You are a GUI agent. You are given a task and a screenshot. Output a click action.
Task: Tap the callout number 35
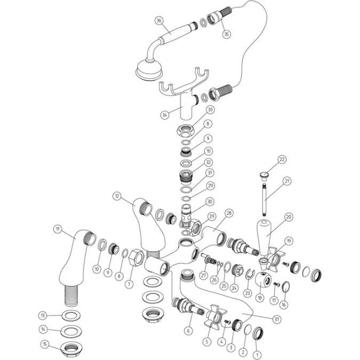click(226, 34)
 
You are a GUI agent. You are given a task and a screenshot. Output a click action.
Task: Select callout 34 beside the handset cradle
click(165, 114)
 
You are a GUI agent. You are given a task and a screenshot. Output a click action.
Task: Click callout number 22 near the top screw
click(282, 159)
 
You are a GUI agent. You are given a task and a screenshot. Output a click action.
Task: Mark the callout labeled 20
click(289, 217)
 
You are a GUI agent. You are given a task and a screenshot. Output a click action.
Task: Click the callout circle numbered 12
click(117, 196)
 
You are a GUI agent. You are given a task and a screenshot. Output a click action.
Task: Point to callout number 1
click(258, 354)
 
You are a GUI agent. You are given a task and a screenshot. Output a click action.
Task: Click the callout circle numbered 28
click(228, 213)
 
